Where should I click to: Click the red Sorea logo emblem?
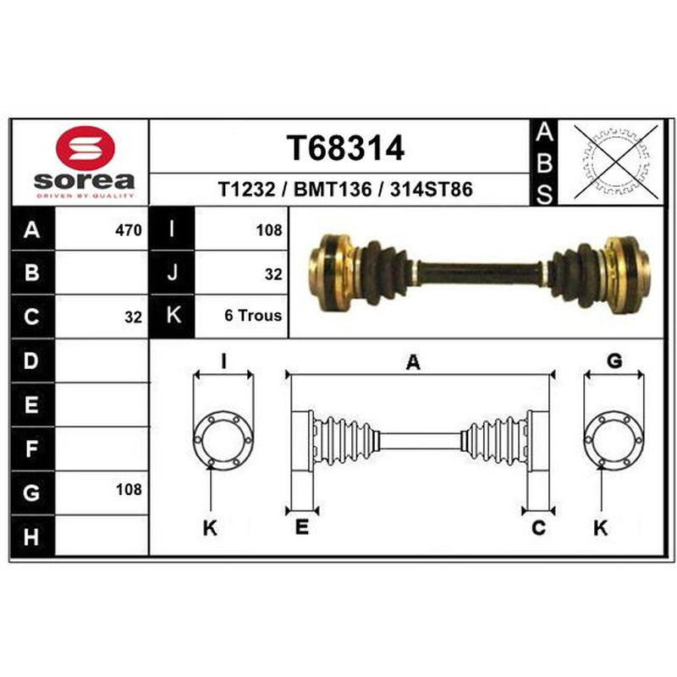click(85, 147)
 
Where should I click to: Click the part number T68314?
click(345, 147)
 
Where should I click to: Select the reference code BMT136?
click(333, 189)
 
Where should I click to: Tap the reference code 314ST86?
click(432, 189)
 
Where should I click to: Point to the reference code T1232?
click(246, 189)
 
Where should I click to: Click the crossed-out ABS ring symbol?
click(616, 162)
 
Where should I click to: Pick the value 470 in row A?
click(129, 230)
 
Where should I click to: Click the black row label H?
click(32, 537)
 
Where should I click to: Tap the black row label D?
click(32, 361)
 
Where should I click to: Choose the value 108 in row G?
click(129, 490)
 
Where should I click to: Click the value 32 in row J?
click(273, 274)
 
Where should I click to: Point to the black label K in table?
click(173, 315)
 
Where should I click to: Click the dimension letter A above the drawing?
click(413, 362)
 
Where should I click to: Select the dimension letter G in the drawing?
click(614, 361)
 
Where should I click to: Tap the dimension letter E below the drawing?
click(302, 527)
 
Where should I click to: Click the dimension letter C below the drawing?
click(538, 528)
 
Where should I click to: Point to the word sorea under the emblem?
click(84, 181)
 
